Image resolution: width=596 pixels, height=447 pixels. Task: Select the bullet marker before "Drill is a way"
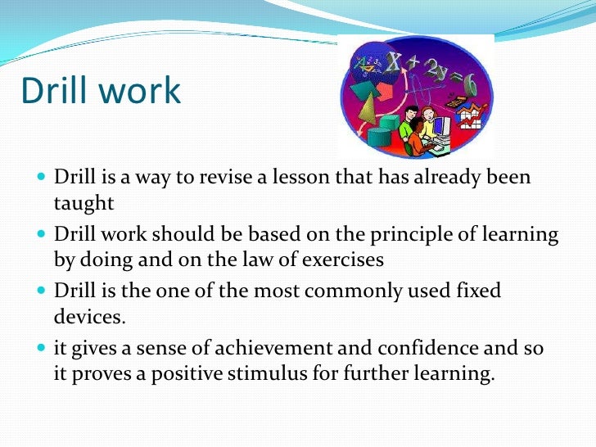(42, 178)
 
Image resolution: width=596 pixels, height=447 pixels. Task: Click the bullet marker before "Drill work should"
(42, 235)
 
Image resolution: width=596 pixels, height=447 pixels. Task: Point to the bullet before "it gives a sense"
(42, 350)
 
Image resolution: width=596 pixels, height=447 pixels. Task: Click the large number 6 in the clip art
(471, 84)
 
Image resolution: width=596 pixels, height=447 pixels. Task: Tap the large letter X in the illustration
(393, 61)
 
